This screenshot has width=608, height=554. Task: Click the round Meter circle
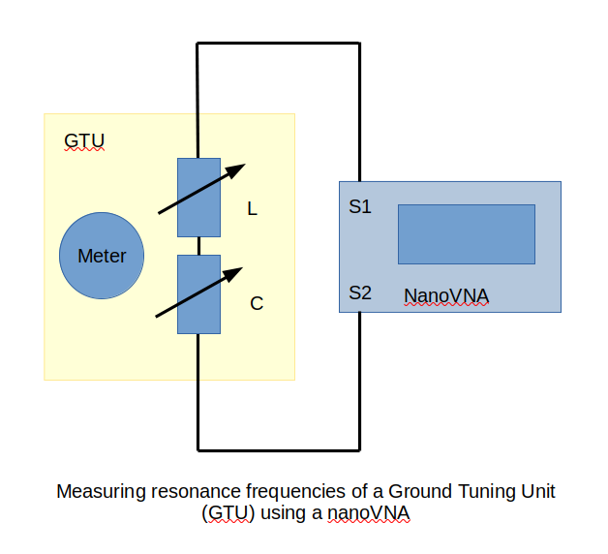101,256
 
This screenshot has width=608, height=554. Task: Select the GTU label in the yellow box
83,141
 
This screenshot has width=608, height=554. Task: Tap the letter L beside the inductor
253,208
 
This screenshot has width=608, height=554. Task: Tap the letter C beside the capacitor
257,303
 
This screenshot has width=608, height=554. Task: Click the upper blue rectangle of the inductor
198,198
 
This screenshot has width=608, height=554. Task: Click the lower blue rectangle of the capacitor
198,294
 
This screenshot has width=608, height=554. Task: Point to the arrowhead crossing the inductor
235,171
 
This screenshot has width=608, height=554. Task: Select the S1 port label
360,207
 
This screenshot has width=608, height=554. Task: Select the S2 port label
360,292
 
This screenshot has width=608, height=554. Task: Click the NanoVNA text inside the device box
445,295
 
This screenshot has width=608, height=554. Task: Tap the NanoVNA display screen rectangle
466,233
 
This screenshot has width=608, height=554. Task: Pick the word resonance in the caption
183,491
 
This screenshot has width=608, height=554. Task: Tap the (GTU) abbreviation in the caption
228,513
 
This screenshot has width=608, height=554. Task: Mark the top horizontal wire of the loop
279,43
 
